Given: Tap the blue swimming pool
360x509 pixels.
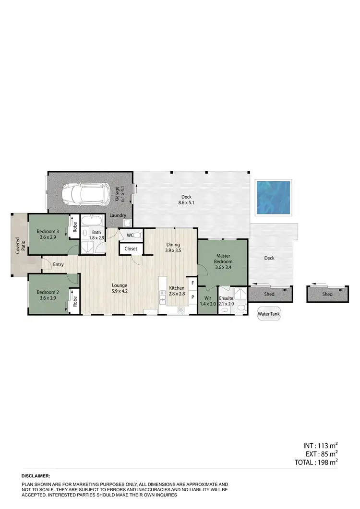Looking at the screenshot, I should (x=273, y=197).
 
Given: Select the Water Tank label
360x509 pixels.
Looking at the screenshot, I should (x=269, y=315).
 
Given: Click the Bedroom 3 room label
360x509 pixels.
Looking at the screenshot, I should (x=48, y=234).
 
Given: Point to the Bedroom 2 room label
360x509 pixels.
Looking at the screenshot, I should (x=48, y=295).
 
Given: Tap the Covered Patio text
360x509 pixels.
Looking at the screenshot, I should (x=19, y=246).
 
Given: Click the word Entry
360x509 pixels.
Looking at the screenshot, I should (x=59, y=264).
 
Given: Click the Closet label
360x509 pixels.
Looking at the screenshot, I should (x=131, y=249).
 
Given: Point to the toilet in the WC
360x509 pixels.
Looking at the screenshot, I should (x=136, y=235).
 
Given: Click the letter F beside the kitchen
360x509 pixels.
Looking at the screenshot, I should (x=192, y=284).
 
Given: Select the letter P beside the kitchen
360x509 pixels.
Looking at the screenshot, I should (x=192, y=297).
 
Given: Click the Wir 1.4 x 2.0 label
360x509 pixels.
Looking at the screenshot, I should (x=208, y=301).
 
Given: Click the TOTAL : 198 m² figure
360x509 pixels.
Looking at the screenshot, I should (x=316, y=462).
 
